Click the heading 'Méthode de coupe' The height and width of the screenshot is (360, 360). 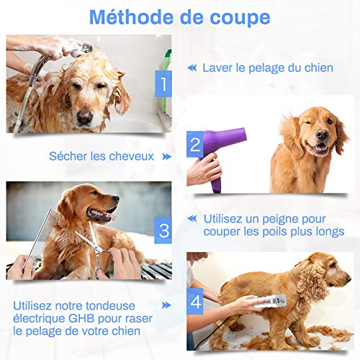(x=180, y=16)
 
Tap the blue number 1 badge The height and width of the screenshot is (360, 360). (x=163, y=85)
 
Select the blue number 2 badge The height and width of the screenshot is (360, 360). (x=194, y=147)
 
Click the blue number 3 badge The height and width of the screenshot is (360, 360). (x=163, y=230)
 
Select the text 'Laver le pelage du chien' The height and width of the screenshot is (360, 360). (x=267, y=68)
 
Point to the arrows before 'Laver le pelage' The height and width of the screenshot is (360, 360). (x=192, y=68)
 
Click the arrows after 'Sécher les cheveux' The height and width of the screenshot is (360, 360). (x=166, y=156)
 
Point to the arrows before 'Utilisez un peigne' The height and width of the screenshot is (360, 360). (x=192, y=217)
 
